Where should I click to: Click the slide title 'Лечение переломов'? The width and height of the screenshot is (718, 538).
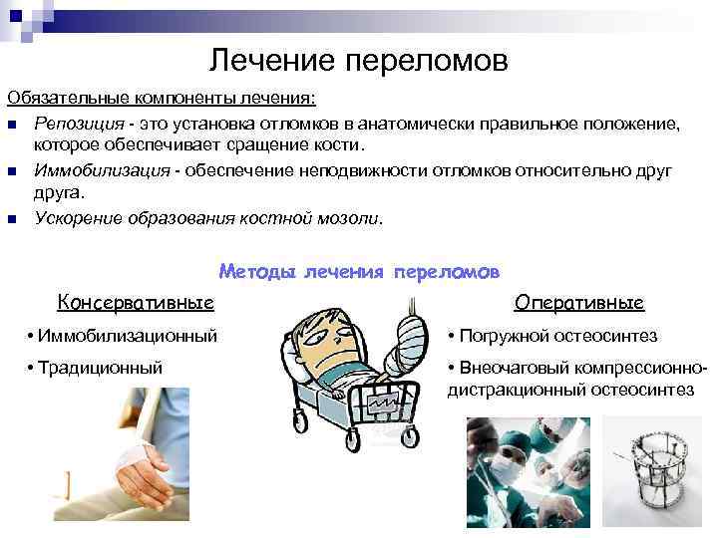click(359, 62)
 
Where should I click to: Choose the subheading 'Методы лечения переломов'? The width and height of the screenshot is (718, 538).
click(359, 271)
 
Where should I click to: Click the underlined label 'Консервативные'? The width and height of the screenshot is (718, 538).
click(136, 302)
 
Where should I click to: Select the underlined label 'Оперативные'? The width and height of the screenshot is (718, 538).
click(579, 302)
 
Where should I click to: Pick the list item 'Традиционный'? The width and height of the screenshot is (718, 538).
click(96, 368)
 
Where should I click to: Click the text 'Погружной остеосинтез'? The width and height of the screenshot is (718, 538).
click(552, 337)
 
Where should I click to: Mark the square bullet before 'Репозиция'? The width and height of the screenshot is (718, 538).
click(12, 124)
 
